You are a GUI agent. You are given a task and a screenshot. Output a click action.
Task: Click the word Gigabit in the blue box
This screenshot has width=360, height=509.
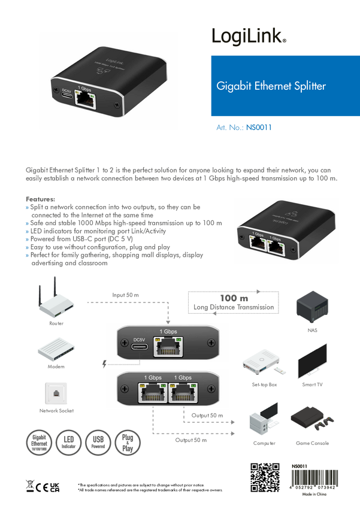pos(230,86)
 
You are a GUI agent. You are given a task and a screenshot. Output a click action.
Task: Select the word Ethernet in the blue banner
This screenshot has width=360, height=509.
pos(269,86)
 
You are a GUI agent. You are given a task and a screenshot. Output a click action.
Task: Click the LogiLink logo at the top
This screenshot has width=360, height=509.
pos(249,36)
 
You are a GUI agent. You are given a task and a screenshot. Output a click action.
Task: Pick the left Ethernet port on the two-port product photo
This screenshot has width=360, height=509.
pos(259,243)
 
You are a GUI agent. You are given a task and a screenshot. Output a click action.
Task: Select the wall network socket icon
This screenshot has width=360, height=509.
pos(56,392)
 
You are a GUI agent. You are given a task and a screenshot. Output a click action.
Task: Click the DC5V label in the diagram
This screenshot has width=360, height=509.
pos(140,338)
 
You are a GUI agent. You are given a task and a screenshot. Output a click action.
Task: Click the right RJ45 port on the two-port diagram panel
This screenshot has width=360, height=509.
pos(183,393)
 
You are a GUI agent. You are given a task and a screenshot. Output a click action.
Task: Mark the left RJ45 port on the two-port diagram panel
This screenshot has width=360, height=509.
pos(153,393)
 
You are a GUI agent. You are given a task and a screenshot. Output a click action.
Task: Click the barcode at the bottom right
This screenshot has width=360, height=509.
pos(305,475)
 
